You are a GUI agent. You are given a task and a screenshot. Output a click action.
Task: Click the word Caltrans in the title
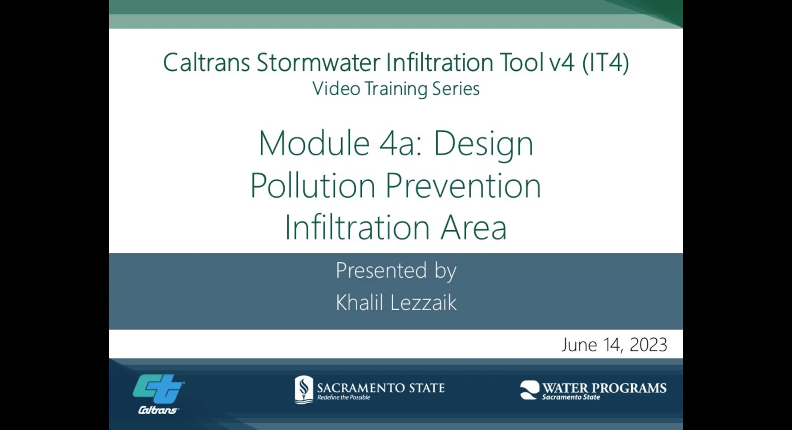click(206, 62)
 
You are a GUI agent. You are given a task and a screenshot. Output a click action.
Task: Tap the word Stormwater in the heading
click(318, 62)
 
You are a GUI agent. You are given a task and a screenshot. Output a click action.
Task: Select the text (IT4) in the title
click(606, 62)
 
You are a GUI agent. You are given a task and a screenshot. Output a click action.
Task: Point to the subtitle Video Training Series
click(396, 89)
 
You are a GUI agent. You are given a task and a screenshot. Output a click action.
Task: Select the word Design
click(483, 144)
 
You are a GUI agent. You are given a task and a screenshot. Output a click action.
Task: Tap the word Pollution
click(313, 186)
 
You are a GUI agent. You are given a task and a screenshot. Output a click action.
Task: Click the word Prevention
click(463, 186)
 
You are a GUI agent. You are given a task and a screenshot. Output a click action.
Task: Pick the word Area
click(474, 227)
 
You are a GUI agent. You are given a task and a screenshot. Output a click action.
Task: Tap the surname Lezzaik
click(423, 302)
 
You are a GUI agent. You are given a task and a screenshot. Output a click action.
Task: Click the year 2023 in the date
click(648, 345)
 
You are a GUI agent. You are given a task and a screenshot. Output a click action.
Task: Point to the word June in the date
click(579, 345)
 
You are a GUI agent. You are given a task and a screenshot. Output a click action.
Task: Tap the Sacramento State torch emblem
click(304, 389)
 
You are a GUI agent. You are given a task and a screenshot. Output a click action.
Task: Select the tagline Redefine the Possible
click(344, 397)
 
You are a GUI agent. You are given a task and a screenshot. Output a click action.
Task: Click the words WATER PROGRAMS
click(604, 388)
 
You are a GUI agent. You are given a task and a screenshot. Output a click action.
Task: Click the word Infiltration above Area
click(357, 227)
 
